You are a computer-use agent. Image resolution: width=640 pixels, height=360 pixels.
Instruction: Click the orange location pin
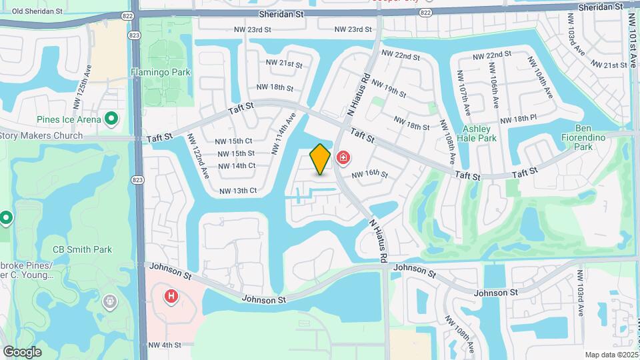(321, 159)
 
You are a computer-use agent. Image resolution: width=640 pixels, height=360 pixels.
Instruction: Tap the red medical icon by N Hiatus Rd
(343, 158)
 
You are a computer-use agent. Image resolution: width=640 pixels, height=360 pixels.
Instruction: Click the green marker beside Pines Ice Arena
(112, 119)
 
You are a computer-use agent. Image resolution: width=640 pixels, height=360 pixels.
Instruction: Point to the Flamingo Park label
(161, 72)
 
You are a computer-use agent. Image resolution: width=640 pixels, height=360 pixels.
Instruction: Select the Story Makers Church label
(41, 135)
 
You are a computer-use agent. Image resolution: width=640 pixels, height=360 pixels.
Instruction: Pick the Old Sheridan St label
(37, 11)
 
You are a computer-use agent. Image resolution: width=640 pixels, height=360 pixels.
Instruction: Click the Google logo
(22, 352)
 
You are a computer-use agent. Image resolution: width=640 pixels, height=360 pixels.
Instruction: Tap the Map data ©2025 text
(611, 355)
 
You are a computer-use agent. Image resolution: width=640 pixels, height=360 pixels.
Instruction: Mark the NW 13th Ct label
(238, 191)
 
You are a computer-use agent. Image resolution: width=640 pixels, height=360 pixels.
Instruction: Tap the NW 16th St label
(370, 174)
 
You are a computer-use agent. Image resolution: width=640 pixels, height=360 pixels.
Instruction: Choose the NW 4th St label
(165, 345)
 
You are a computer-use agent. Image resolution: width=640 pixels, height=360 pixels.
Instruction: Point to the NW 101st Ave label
(633, 40)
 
